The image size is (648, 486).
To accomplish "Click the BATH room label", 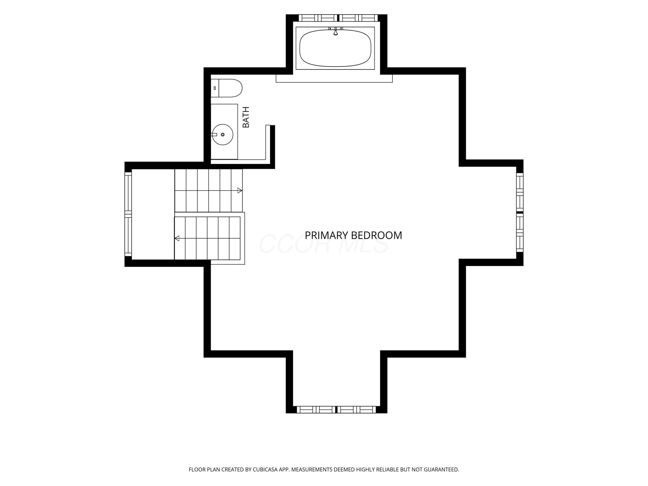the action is [x=246, y=117].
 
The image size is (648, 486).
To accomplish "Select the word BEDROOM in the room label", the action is [x=376, y=235].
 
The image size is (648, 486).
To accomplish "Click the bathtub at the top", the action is [x=335, y=48].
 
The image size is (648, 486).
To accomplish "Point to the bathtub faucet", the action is [x=335, y=31].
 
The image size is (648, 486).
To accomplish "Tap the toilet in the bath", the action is [x=226, y=88].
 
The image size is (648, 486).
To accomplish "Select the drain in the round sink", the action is [x=223, y=135].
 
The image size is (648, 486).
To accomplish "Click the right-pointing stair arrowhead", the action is [x=240, y=191].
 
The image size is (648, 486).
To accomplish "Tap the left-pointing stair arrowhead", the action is [x=177, y=238].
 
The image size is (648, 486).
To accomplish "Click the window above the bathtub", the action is [x=338, y=18].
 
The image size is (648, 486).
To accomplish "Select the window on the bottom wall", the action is [x=336, y=410].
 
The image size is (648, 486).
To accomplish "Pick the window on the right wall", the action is [x=520, y=212].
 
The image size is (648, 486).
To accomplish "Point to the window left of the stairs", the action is [x=128, y=214].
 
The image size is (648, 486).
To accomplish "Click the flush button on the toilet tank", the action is [x=215, y=88].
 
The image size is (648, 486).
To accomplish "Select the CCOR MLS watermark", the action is [x=324, y=244].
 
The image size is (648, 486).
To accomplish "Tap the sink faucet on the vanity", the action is [x=214, y=135].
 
